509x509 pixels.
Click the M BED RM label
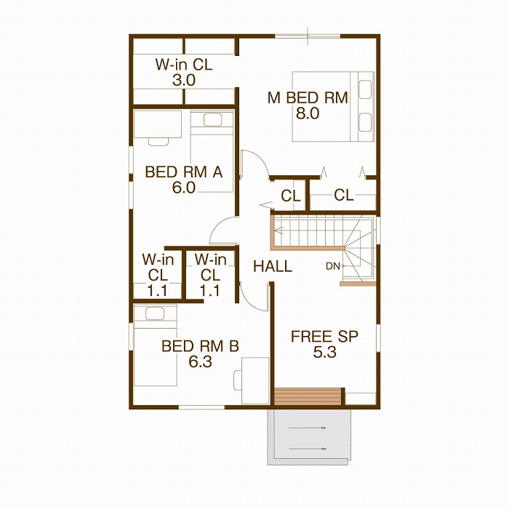pyautogui.click(x=308, y=97)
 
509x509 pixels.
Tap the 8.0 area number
pyautogui.click(x=308, y=113)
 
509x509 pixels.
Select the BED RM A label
pyautogui.click(x=184, y=172)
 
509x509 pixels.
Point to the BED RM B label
pyautogui.click(x=200, y=346)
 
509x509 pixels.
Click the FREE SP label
pyautogui.click(x=324, y=337)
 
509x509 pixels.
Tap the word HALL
pyautogui.click(x=273, y=267)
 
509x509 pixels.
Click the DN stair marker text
pyautogui.click(x=333, y=266)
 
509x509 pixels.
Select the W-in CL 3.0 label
pyautogui.click(x=184, y=72)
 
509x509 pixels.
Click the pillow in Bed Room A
pyautogui.click(x=212, y=120)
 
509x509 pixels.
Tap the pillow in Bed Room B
pyautogui.click(x=154, y=313)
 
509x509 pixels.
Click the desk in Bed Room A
pyautogui.click(x=158, y=124)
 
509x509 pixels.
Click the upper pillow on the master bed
pyautogui.click(x=365, y=89)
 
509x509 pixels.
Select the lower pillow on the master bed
pyautogui.click(x=365, y=122)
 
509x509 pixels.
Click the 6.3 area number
pyautogui.click(x=200, y=361)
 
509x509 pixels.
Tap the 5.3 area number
pyautogui.click(x=324, y=352)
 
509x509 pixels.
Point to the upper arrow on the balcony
pyautogui.click(x=307, y=428)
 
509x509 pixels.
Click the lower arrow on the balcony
pyautogui.click(x=307, y=449)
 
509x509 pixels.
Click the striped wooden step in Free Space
pyautogui.click(x=308, y=396)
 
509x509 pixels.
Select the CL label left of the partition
pyautogui.click(x=291, y=196)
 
